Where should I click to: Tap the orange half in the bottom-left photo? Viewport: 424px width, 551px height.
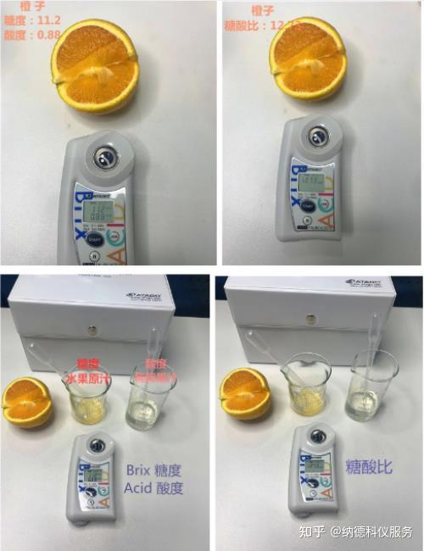click(26, 402)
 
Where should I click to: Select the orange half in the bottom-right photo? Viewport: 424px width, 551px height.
click(245, 395)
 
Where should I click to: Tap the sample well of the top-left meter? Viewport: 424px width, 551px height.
click(104, 155)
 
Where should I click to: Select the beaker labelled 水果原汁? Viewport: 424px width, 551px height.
click(88, 394)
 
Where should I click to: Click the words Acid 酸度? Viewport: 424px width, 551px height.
click(153, 488)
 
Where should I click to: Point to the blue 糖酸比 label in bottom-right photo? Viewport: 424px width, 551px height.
click(371, 467)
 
